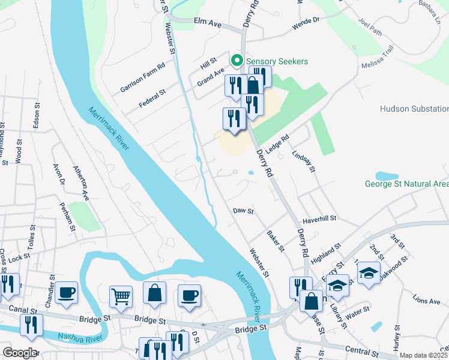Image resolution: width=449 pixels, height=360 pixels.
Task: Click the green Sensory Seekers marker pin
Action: pos(237,61)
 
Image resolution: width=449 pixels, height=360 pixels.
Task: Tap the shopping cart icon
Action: pos(121,296)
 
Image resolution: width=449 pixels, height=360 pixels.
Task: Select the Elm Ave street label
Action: pos(208,22)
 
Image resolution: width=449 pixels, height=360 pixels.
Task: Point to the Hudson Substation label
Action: pos(414,109)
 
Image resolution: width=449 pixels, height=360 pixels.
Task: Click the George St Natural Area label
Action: pos(406,184)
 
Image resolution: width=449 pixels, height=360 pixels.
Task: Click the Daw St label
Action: pos(244,211)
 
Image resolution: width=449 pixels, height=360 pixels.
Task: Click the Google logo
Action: pos(19,353)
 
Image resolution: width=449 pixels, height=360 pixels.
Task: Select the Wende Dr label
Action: pos(306,25)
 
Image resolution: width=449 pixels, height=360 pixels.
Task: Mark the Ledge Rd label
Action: pos(277,145)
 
